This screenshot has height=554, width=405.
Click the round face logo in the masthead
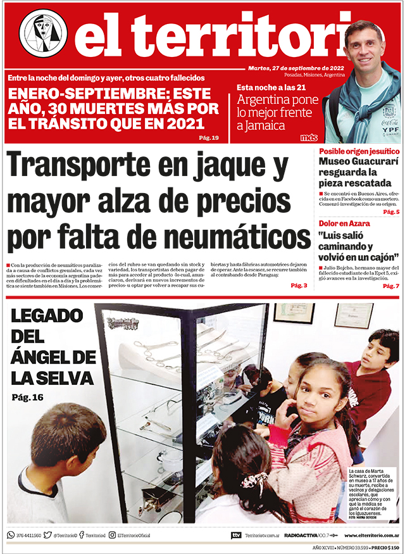click(x=43, y=34)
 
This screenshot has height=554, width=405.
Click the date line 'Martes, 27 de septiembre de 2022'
click(x=296, y=68)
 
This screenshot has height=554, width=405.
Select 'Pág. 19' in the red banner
click(x=208, y=137)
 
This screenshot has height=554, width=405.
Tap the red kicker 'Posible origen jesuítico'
click(x=359, y=152)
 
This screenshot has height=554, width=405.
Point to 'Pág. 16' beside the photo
click(x=28, y=397)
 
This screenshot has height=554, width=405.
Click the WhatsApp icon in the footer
click(x=11, y=535)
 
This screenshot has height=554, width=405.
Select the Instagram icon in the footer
click(x=112, y=535)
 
